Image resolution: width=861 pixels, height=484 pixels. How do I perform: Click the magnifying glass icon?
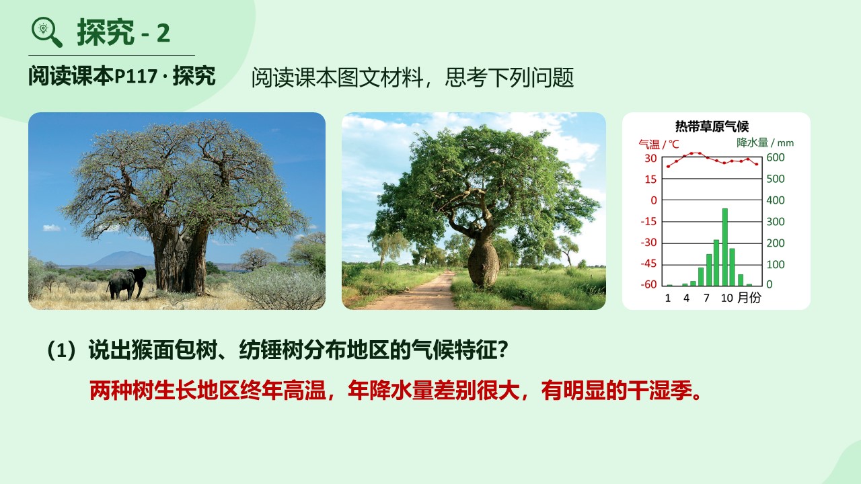click(46, 32)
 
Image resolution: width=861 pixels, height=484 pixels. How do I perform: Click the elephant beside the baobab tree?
click(127, 283)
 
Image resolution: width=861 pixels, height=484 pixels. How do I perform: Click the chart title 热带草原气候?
click(712, 126)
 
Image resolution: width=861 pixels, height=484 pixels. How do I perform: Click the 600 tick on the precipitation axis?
click(776, 157)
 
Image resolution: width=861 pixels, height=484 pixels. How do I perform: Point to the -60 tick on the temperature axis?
click(649, 284)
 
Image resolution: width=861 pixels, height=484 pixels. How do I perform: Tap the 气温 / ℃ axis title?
click(659, 144)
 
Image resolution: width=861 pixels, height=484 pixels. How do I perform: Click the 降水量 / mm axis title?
click(765, 143)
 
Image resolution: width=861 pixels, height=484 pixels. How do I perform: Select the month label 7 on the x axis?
click(706, 298)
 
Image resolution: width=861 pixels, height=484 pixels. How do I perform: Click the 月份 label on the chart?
click(749, 297)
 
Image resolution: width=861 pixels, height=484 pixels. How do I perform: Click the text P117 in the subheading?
click(136, 76)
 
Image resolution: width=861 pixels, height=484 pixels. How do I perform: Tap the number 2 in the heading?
click(163, 33)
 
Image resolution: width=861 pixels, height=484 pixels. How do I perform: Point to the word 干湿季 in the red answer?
click(659, 391)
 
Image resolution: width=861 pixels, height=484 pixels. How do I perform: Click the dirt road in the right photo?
click(423, 292)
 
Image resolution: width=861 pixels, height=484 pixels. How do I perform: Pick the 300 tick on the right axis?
click(776, 222)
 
